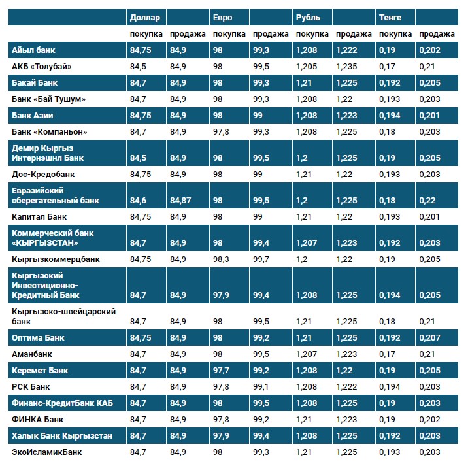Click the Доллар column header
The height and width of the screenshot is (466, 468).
point(144,17)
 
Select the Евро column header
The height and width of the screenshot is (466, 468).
point(223,17)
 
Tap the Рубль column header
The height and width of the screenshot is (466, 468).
point(308,17)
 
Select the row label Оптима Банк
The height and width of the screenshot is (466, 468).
point(39,338)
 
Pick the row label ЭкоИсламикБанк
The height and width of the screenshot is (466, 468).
point(47,452)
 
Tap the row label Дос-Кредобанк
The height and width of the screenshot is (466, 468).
point(43,175)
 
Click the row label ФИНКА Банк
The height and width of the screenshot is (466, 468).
point(38,419)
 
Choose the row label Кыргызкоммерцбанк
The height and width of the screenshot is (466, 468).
point(56,259)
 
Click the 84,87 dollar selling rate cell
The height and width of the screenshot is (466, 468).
point(180,200)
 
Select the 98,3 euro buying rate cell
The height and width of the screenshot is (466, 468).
point(222,259)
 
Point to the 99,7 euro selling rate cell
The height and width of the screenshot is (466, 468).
point(263,259)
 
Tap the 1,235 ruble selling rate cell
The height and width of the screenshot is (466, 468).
point(346,66)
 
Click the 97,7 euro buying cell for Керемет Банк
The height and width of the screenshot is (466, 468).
point(222,371)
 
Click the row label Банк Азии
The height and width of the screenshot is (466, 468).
point(32,115)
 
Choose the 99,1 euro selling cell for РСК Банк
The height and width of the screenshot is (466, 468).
point(263,387)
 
